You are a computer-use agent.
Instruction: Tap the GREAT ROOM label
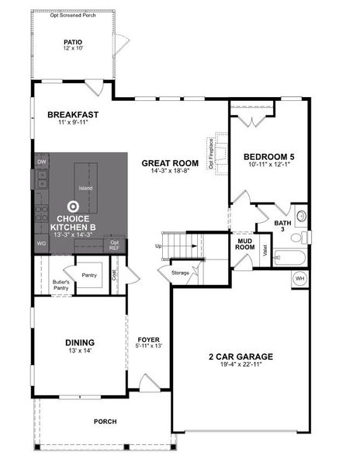[x=170, y=163]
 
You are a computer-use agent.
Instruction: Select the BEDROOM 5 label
[x=263, y=155]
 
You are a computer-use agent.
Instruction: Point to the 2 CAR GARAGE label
[x=240, y=356]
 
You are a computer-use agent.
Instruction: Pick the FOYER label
[x=148, y=339]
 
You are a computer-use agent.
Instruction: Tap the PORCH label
[x=105, y=422]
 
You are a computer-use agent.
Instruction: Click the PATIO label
[x=73, y=43]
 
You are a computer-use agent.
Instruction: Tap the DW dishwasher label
[x=41, y=162]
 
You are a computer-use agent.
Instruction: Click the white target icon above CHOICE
[x=73, y=207]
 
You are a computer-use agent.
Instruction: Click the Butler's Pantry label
[x=61, y=284]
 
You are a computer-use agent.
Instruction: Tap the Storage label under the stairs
[x=180, y=272]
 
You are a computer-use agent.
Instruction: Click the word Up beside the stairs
[x=159, y=247]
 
